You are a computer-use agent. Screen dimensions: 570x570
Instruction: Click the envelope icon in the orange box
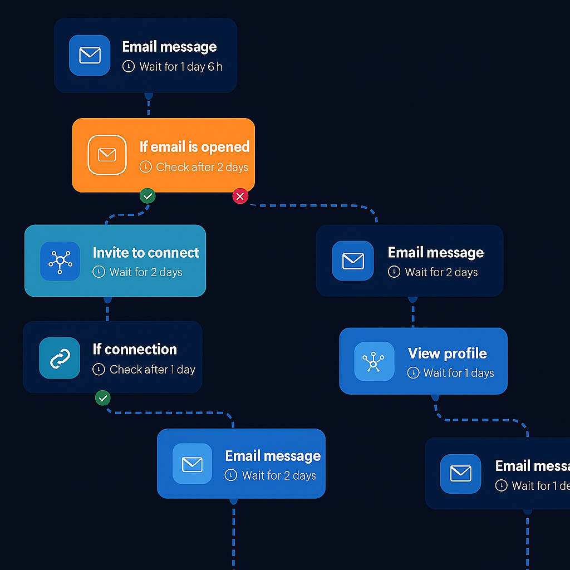107,155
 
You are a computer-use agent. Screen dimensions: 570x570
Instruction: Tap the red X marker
240,196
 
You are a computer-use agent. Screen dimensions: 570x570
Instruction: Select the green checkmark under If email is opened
148,196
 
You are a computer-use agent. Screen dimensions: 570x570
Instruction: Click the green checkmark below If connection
102,398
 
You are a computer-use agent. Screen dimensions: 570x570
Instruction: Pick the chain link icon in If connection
60,358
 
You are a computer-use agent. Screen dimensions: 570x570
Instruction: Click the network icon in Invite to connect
60,261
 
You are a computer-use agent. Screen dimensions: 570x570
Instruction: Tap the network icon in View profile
374,362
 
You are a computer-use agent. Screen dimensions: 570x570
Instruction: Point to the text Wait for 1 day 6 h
180,67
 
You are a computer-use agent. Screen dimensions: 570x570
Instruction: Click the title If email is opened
194,147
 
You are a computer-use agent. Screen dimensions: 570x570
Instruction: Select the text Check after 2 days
202,167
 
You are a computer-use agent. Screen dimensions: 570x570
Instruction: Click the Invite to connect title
146,253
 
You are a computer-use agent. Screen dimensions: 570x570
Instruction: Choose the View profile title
447,353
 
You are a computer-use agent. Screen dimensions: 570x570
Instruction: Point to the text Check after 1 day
152,370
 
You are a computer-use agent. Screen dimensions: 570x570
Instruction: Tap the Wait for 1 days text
458,373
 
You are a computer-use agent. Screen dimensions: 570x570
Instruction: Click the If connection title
135,350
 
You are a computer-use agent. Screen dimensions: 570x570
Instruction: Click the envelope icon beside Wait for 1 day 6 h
90,55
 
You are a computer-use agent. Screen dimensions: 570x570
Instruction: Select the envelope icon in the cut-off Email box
460,474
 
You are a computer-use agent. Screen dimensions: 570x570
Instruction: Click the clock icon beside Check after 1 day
99,370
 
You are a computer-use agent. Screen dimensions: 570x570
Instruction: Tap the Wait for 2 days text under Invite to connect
146,272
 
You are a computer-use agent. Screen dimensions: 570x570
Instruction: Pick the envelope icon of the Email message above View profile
353,261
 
